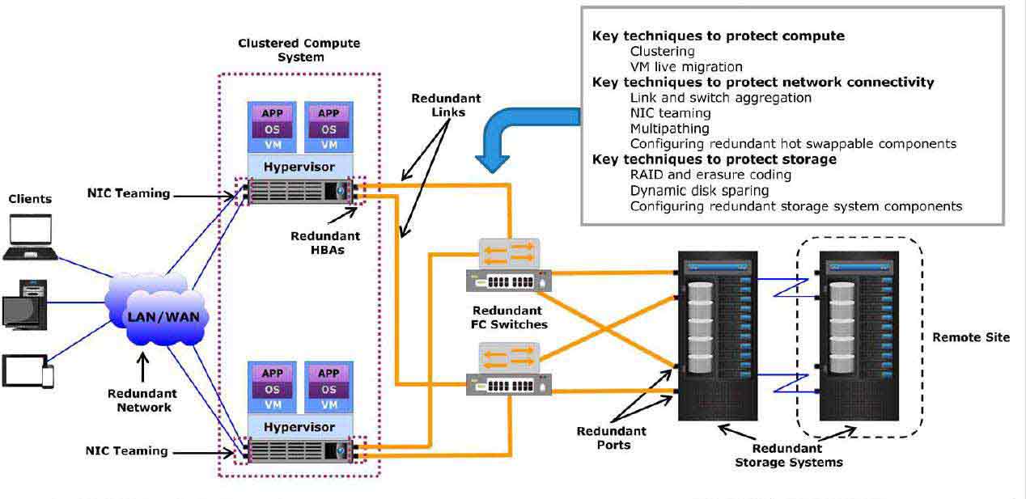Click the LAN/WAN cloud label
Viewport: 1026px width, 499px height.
[163, 317]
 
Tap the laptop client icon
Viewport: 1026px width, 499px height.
[31, 237]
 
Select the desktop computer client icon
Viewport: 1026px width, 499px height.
[25, 305]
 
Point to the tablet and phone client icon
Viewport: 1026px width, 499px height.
[28, 371]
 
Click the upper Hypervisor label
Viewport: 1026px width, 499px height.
[299, 167]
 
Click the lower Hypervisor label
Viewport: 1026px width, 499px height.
[299, 427]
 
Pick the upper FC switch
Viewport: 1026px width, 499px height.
[509, 265]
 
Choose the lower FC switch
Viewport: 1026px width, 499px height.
[509, 369]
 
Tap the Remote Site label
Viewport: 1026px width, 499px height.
[971, 337]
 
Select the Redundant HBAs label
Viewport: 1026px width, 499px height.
[325, 243]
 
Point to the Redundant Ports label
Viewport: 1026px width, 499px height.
[612, 438]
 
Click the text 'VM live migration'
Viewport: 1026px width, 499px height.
[686, 67]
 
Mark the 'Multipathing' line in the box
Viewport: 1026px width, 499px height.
[670, 129]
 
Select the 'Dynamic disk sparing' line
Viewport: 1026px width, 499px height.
[699, 190]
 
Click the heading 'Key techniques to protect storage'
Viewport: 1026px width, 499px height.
[714, 159]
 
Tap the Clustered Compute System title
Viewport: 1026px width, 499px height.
[299, 50]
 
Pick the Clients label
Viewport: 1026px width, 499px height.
[30, 199]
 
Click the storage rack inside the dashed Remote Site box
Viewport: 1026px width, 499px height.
[859, 336]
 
